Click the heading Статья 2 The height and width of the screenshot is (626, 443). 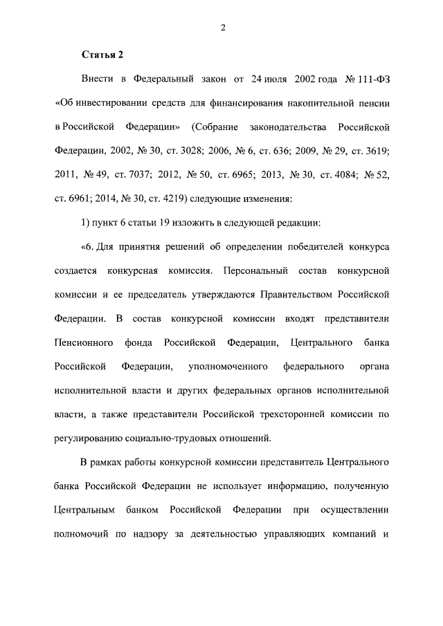(104, 54)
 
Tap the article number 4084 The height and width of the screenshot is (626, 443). (327, 176)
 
